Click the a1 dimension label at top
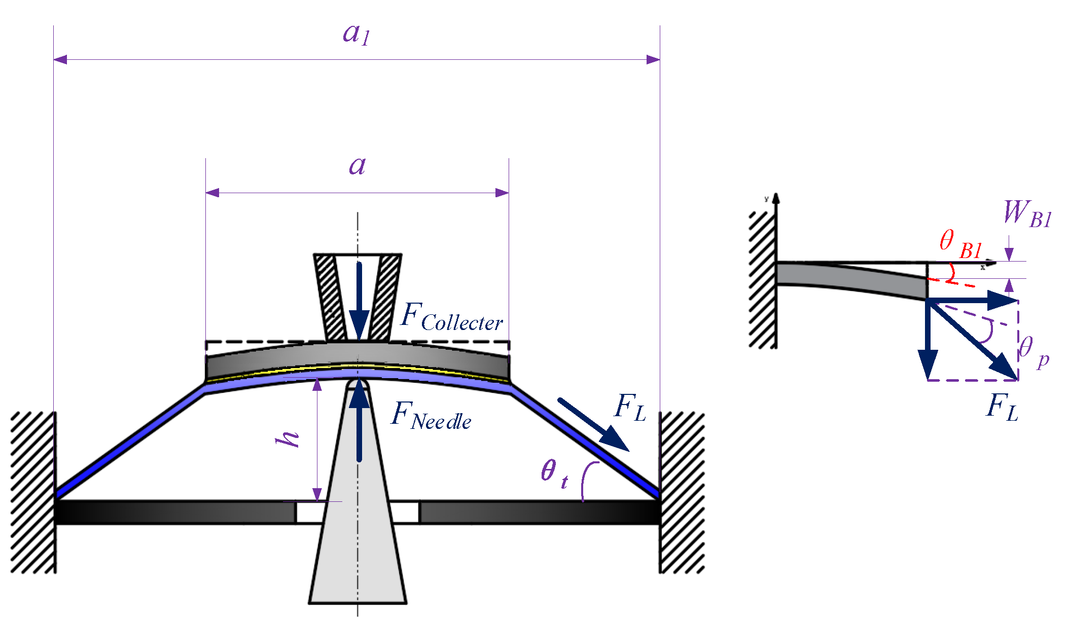(357, 34)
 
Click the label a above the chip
(357, 166)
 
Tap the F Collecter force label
(451, 318)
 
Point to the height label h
(288, 439)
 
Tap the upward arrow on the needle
(359, 421)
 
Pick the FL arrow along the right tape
(593, 424)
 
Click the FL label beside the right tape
(630, 408)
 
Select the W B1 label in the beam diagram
(1027, 214)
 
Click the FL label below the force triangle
(1002, 408)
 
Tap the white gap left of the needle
(310, 512)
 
